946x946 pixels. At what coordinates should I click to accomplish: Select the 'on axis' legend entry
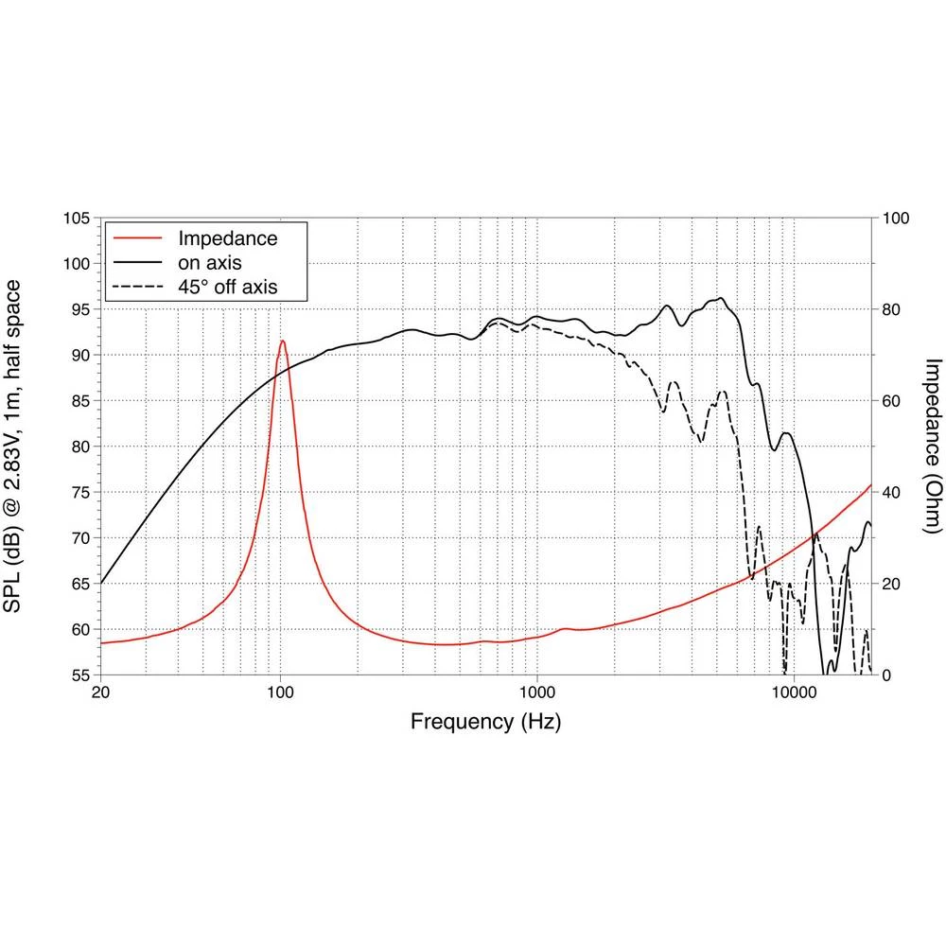pos(208,262)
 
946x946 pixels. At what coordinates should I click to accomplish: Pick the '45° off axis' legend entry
pos(227,286)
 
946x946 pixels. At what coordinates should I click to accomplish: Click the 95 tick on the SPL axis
pos(79,309)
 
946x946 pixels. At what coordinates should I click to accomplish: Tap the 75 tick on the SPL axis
pos(79,492)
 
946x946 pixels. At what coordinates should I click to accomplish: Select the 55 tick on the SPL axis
pos(79,674)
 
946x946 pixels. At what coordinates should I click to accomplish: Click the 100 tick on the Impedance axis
pos(895,219)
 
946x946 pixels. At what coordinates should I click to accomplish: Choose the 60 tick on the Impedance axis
pos(891,401)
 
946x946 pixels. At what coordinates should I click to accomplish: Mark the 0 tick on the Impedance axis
pos(887,674)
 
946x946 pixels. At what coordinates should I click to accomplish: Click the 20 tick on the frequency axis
pos(100,692)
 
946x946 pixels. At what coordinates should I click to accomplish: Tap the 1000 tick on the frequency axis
pos(536,692)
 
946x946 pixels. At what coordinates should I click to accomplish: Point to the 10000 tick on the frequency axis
pos(793,692)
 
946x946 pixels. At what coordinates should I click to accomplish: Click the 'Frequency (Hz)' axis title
pos(485,723)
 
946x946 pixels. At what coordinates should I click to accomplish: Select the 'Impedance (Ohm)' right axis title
pos(933,447)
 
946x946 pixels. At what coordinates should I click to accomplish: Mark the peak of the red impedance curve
pos(283,341)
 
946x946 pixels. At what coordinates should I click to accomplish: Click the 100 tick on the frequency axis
pos(280,692)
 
